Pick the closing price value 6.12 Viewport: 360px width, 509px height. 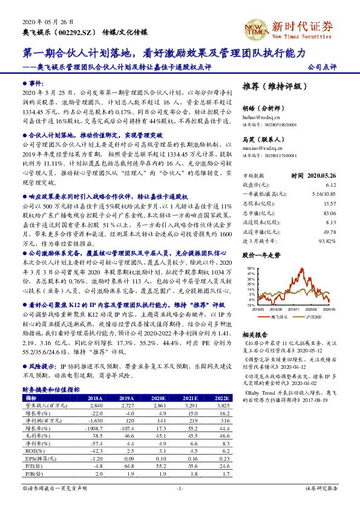point(330,185)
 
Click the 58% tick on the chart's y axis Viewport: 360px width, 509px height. point(251,267)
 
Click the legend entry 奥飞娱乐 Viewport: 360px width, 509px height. point(280,316)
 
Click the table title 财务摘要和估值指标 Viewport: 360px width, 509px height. point(51,390)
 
